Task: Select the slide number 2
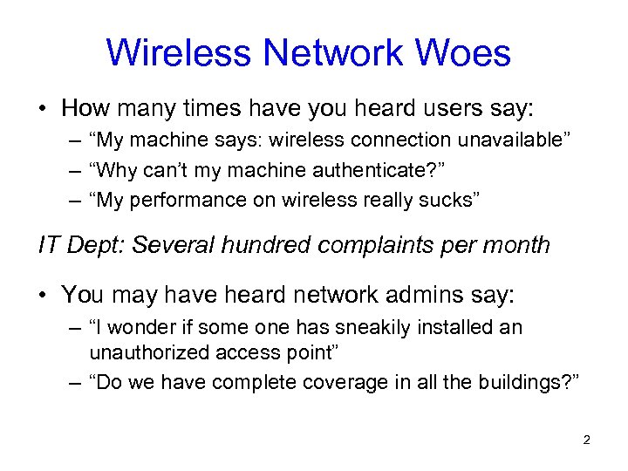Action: [x=586, y=440]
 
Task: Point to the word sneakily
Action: [x=377, y=327]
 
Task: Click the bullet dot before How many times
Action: [x=43, y=110]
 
